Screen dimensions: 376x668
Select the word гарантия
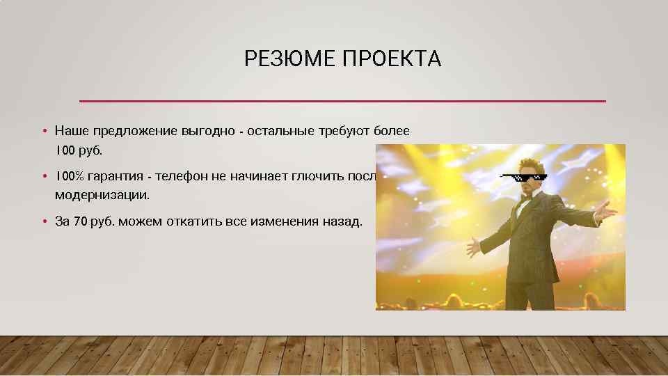tap(118, 176)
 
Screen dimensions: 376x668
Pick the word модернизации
tap(102, 195)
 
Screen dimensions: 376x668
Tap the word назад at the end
tap(342, 221)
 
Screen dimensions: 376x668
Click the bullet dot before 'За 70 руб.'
tap(43, 221)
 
